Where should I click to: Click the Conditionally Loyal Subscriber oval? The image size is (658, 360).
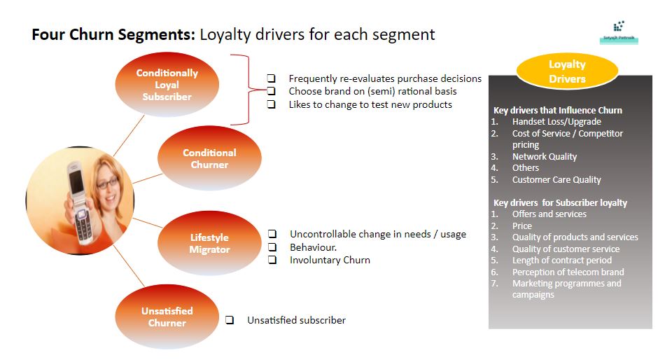167,84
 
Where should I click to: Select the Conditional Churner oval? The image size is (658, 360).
209,158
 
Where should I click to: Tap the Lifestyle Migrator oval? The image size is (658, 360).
209,243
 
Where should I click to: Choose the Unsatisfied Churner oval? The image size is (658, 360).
167,317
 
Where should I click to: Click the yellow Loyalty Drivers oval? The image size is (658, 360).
567,71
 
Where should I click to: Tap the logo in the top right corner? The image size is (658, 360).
618,31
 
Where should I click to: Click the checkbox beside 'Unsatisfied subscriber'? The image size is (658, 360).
230,320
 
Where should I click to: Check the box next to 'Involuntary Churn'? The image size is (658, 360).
274,260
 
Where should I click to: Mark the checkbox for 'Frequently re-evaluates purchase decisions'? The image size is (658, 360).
271,78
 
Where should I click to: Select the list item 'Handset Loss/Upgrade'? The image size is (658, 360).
556,121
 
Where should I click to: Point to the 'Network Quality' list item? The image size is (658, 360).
544,156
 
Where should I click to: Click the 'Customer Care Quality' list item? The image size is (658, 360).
556,179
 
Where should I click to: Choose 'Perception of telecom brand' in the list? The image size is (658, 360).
568,272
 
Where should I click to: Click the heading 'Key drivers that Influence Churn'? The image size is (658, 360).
557,110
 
